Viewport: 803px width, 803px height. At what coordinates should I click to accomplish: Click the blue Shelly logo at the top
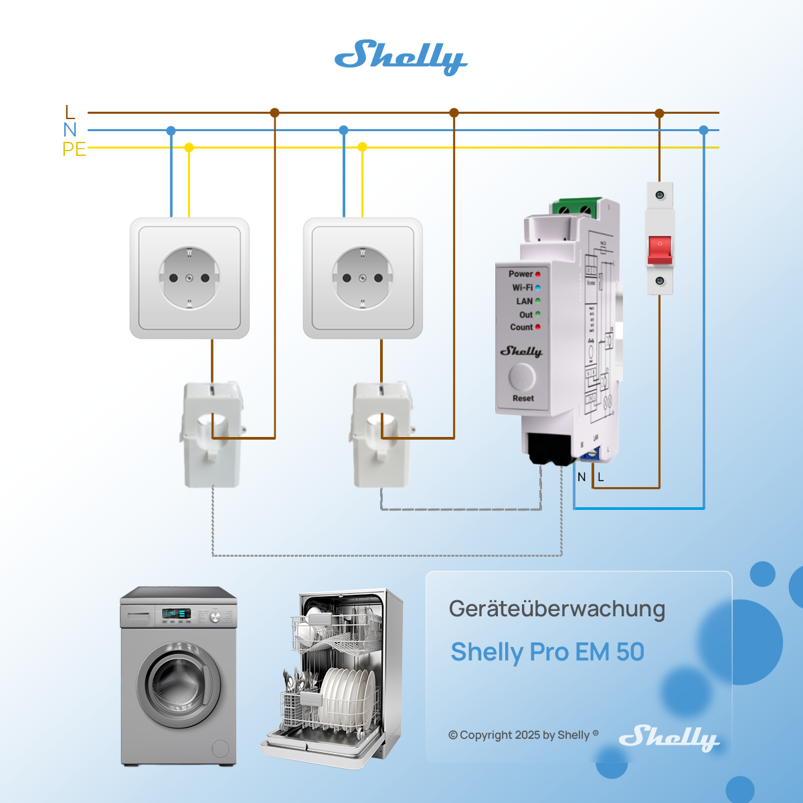(400, 56)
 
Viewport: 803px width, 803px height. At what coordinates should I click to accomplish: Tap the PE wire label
(74, 149)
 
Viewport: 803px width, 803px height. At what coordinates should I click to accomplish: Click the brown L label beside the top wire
(70, 112)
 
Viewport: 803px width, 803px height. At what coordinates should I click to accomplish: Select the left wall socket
(189, 278)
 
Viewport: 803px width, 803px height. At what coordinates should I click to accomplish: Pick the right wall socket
(363, 278)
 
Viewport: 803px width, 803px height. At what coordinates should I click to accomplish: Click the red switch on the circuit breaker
(660, 249)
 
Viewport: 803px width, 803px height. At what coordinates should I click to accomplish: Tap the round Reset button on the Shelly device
(522, 377)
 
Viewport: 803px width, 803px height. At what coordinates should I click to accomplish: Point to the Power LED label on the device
(521, 274)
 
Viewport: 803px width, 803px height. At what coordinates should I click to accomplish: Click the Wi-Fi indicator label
(523, 288)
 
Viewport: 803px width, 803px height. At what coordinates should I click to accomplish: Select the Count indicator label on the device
(521, 327)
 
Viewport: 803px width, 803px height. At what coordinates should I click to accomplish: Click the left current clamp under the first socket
(211, 435)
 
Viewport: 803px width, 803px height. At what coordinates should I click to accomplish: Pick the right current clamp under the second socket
(380, 435)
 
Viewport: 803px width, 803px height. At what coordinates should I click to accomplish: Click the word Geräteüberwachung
(557, 609)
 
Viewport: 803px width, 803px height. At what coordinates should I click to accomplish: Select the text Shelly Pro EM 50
(547, 652)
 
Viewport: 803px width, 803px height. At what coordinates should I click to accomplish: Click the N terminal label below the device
(582, 477)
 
